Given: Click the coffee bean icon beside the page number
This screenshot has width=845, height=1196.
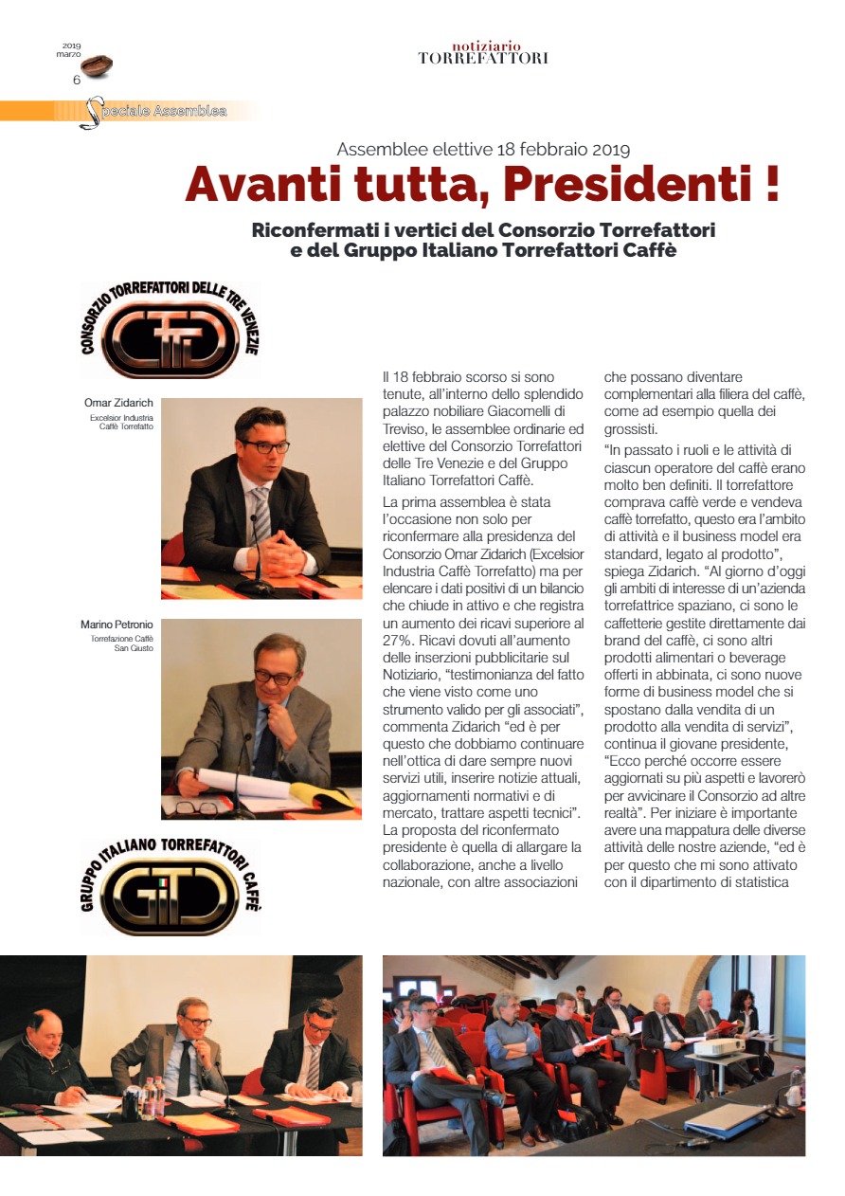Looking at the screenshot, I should [96, 65].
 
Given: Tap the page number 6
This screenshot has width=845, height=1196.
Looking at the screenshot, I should [77, 81].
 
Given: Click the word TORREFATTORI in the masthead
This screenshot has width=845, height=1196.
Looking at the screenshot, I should [483, 59].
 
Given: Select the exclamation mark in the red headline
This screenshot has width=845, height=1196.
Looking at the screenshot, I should [771, 184].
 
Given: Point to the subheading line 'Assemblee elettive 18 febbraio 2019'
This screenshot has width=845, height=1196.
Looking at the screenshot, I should [483, 149].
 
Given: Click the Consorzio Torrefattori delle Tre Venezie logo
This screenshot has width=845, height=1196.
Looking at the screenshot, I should [171, 330].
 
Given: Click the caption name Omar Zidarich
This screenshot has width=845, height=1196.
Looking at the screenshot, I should [118, 404].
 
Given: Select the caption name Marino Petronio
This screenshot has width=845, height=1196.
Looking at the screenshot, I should [117, 625].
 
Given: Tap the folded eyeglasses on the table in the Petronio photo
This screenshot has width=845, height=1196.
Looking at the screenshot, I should [197, 808].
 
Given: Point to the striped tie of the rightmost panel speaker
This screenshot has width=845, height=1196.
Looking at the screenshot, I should [313, 1066].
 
